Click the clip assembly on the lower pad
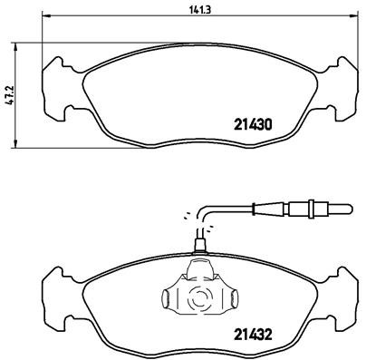click(197, 290)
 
